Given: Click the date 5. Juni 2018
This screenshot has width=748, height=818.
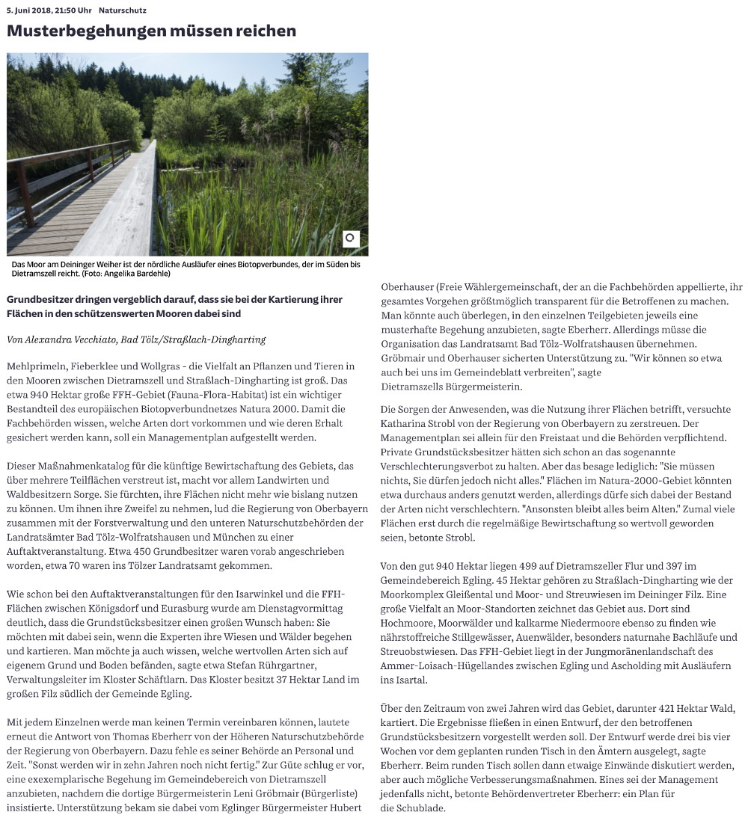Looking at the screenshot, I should pos(31,11).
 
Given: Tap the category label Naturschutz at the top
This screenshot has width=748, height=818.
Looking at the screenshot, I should pos(122,11).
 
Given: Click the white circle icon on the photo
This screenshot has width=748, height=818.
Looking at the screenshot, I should pos(351,239).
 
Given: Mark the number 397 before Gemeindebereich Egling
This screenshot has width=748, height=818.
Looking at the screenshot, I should pos(686,566).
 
